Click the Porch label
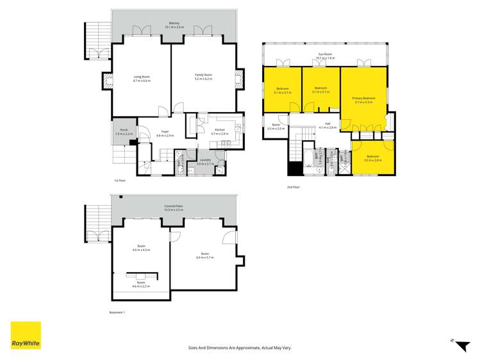(x=122, y=130)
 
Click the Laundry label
(x=204, y=160)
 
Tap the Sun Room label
(x=325, y=54)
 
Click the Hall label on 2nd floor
(x=327, y=124)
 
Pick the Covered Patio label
(x=174, y=206)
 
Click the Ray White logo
(x=26, y=336)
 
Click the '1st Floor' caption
(x=120, y=181)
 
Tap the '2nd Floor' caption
(x=293, y=187)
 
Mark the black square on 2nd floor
(x=294, y=168)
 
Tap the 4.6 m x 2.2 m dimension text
(x=141, y=286)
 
